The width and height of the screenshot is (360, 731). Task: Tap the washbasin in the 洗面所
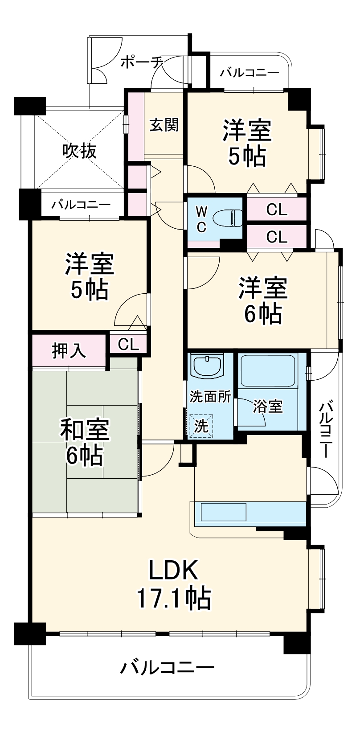(x=207, y=366)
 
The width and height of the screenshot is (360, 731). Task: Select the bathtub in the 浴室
(x=267, y=370)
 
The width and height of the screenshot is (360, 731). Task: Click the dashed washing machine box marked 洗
(x=201, y=426)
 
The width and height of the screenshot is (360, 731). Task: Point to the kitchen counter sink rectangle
(x=224, y=512)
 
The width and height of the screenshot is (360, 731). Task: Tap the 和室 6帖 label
(x=84, y=442)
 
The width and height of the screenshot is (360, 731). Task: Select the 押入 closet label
(x=69, y=351)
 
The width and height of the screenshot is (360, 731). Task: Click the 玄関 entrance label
(x=164, y=125)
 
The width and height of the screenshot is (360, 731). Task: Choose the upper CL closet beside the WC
(x=277, y=209)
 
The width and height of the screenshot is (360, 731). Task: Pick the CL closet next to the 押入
(x=128, y=344)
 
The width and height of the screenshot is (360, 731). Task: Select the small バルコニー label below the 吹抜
(x=81, y=205)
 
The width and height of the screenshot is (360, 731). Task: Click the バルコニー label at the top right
(x=250, y=72)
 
